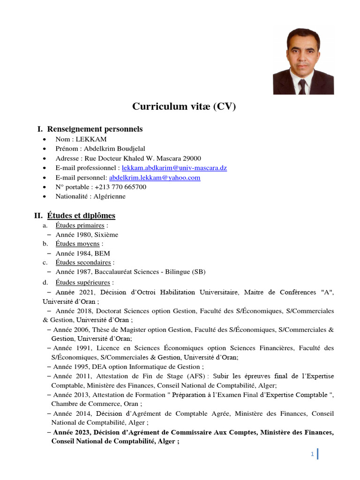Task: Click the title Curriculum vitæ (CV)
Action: pyautogui.click(x=184, y=107)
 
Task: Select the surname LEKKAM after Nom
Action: pyautogui.click(x=94, y=139)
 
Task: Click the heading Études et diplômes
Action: pyautogui.click(x=81, y=216)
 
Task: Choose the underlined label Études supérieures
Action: pyautogui.click(x=83, y=283)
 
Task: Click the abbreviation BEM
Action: pyautogui.click(x=102, y=253)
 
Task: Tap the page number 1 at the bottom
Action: pyautogui.click(x=312, y=454)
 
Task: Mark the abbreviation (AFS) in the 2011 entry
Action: pyautogui.click(x=198, y=376)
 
